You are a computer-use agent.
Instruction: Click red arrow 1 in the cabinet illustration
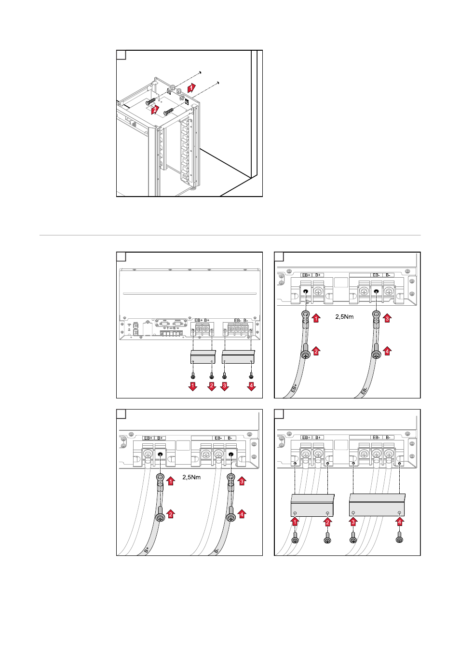[x=191, y=88]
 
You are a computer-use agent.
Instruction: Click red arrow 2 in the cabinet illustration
[x=154, y=110]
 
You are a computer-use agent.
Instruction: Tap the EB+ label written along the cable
[x=294, y=387]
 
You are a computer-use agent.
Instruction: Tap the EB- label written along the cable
[x=365, y=390]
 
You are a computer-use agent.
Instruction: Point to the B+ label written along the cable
[x=146, y=549]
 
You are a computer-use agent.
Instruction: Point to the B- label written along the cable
[x=216, y=550]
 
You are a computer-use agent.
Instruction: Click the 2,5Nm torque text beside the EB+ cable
[x=344, y=317]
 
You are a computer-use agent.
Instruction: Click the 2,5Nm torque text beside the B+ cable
[x=191, y=477]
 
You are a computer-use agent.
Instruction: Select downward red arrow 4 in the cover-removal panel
[x=251, y=386]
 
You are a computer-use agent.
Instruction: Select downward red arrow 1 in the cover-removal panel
[x=193, y=386]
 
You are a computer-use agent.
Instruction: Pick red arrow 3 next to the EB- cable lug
[x=387, y=318]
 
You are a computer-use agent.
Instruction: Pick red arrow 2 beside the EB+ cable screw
[x=316, y=351]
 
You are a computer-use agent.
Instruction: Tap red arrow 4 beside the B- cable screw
[x=242, y=514]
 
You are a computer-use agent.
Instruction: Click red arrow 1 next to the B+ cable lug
[x=171, y=481]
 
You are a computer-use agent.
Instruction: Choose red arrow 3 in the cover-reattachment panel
[x=353, y=522]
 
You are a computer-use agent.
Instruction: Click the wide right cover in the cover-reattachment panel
[x=377, y=505]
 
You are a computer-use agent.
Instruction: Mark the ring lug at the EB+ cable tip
[x=305, y=315]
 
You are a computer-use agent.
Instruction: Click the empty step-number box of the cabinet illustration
[x=122, y=55]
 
